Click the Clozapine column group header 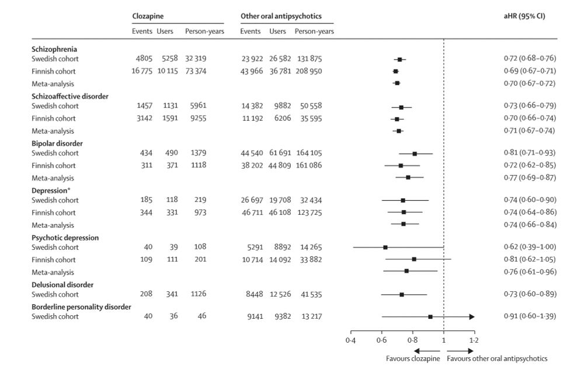click(147, 16)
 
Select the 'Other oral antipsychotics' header click(281, 16)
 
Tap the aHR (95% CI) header click(524, 16)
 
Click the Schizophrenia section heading click(54, 50)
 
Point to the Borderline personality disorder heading click(81, 307)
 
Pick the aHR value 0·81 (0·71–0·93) click(529, 154)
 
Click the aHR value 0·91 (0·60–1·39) click(529, 317)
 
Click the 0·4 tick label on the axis click(350, 339)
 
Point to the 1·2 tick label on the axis click(474, 339)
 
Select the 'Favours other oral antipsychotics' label click(497, 359)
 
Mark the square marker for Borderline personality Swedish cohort click(430, 317)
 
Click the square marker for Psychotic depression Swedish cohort click(385, 247)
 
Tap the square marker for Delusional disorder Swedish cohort click(402, 294)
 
